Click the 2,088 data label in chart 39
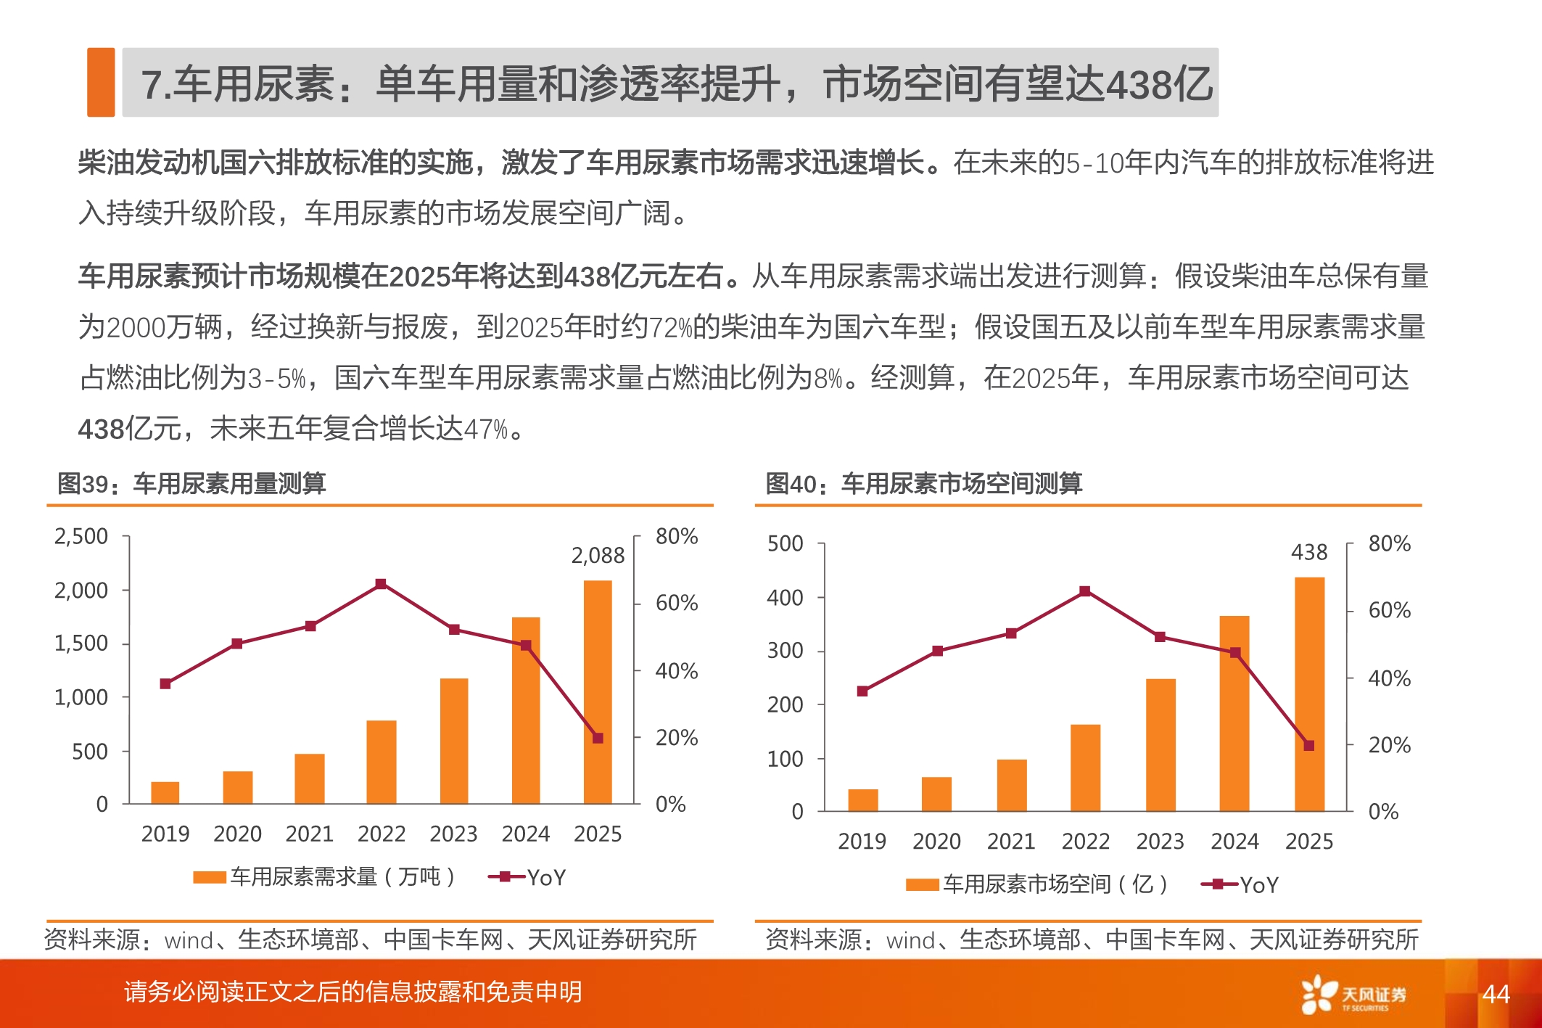click(597, 556)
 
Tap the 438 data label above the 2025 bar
click(1308, 553)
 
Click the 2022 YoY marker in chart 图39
click(381, 584)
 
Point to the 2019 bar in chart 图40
click(862, 799)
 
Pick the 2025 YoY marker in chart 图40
click(1309, 745)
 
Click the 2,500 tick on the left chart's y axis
click(81, 537)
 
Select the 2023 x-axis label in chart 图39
click(453, 834)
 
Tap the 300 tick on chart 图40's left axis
click(785, 651)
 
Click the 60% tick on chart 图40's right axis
click(1389, 611)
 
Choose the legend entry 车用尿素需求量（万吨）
click(325, 877)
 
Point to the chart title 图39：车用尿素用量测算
click(191, 483)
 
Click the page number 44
click(1496, 994)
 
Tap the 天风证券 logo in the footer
click(1353, 995)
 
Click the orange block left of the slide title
click(101, 82)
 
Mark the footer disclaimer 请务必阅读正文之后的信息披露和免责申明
click(352, 992)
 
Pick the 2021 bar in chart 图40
click(1011, 785)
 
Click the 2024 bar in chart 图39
click(526, 710)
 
